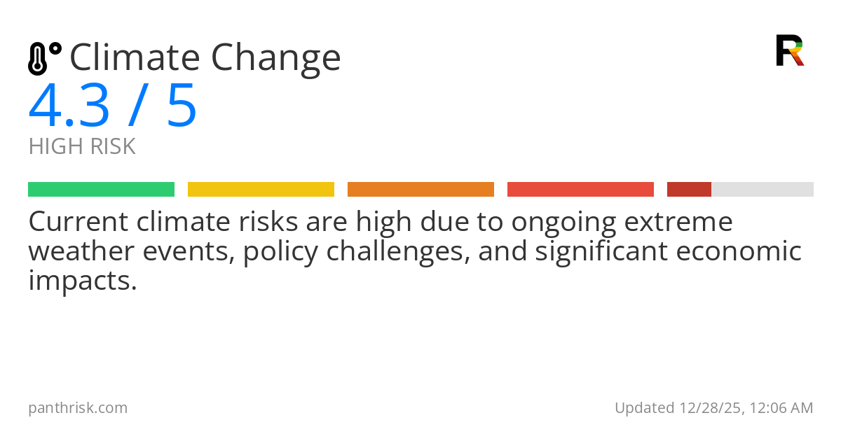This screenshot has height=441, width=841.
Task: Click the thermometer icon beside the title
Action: [43, 58]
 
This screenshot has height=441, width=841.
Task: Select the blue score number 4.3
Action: [69, 106]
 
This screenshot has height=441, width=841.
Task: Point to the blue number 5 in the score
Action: [182, 106]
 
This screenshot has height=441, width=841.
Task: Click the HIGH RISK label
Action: [82, 146]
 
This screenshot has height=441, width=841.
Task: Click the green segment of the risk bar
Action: [101, 189]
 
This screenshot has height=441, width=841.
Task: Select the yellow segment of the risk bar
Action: [261, 189]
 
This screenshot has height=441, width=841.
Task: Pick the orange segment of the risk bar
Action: [420, 189]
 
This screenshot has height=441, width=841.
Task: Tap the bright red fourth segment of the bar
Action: [580, 189]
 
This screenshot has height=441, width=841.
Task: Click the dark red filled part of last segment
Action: [689, 189]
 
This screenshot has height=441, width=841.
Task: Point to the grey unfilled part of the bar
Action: [763, 189]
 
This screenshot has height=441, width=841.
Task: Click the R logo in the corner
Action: [790, 50]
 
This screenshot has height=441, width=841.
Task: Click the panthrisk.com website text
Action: [78, 407]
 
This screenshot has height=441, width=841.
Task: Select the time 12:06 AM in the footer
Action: [780, 407]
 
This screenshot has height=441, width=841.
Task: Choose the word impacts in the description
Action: [82, 281]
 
